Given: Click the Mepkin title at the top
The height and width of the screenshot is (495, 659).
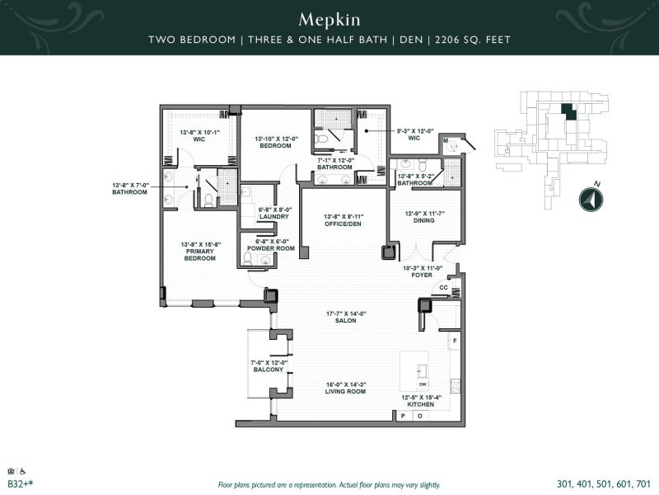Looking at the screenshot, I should pos(329,18).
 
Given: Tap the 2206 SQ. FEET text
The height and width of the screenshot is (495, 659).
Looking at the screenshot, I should pos(479,40).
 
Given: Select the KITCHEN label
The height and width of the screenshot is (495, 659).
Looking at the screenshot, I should pos(421,403).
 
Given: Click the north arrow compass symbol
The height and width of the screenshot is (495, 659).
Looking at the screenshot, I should pos(587,199).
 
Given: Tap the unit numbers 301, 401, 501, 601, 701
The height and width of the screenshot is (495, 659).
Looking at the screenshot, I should pos(604,484).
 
